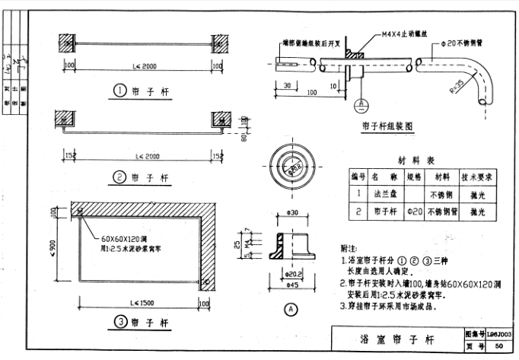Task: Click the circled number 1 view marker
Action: click(x=120, y=91)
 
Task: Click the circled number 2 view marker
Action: click(x=120, y=178)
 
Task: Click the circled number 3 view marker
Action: click(x=120, y=322)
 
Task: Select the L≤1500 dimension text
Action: click(x=139, y=295)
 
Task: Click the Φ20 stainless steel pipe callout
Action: click(x=463, y=43)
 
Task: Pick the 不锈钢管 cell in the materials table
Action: click(x=443, y=211)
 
